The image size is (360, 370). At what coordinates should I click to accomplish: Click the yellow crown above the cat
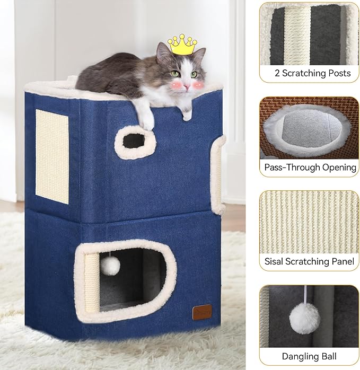coord(182,46)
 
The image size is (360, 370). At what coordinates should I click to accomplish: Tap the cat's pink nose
coord(185,85)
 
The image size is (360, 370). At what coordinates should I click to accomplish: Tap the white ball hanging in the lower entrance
coord(111,266)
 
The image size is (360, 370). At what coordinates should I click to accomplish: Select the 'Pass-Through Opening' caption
coord(310,168)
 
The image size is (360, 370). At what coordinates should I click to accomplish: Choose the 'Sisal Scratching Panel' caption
coord(309,261)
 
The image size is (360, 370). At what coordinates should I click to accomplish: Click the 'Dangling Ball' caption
coord(309,355)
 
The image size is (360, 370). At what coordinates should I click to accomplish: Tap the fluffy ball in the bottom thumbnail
coord(304,318)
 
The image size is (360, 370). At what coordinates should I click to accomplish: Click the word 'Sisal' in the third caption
coord(275,261)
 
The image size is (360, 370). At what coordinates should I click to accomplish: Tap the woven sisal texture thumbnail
coord(309,221)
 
